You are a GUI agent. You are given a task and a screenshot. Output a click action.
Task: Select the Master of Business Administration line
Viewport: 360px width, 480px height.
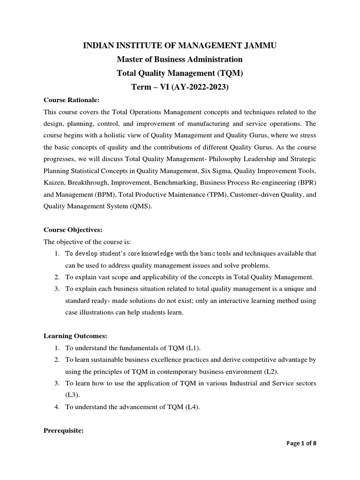click(x=180, y=60)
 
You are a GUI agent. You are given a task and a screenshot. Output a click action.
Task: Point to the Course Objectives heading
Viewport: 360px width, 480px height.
click(x=73, y=230)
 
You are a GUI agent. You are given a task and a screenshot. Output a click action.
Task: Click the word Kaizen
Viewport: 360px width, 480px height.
click(x=54, y=182)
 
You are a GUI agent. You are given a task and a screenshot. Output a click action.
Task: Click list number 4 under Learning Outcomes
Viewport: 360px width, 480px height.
click(x=56, y=407)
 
